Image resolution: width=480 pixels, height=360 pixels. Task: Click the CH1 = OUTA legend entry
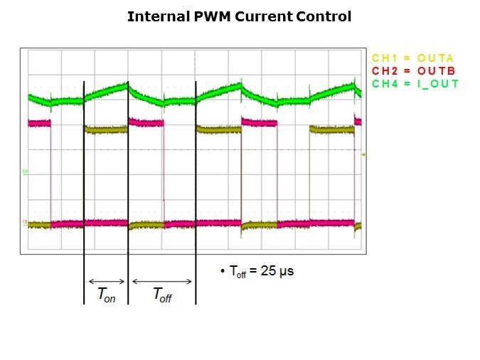[x=413, y=58]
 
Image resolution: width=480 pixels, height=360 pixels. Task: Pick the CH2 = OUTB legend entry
[x=413, y=70]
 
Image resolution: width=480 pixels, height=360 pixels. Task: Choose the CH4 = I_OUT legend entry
[x=415, y=83]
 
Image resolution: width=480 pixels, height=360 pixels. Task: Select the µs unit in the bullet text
[x=287, y=271]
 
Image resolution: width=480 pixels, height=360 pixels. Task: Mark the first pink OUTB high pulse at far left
[x=40, y=123]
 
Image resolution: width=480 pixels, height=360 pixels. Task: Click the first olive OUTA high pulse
[x=105, y=129]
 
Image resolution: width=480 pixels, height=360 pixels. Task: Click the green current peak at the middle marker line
[x=127, y=85]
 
